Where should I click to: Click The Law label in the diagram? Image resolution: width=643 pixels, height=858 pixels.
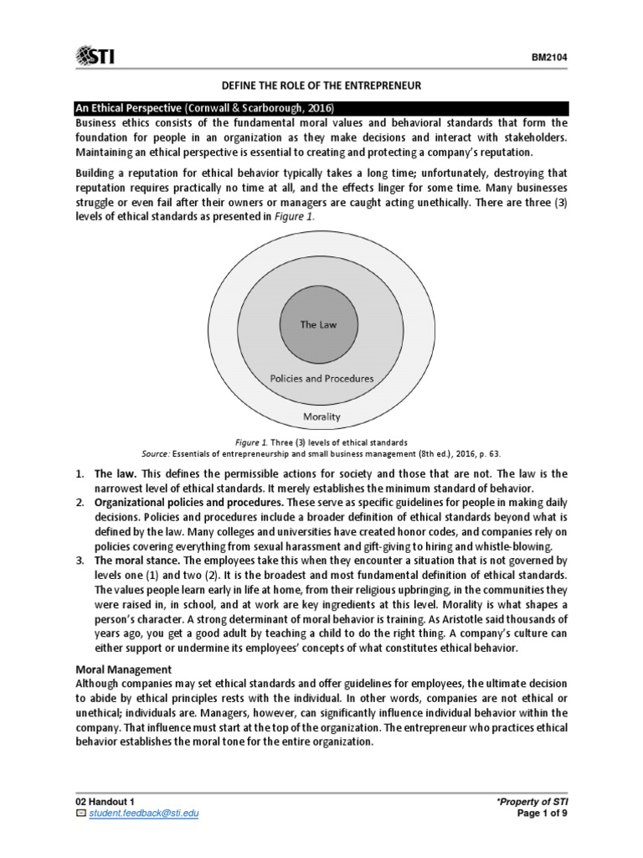point(318,323)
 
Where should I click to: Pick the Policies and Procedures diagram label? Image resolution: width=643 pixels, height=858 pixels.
point(321,379)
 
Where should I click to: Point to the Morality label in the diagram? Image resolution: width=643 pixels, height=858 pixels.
point(321,416)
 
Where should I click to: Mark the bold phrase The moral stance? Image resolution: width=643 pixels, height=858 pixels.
point(132,559)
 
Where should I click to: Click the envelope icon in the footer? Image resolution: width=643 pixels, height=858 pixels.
point(80,814)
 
